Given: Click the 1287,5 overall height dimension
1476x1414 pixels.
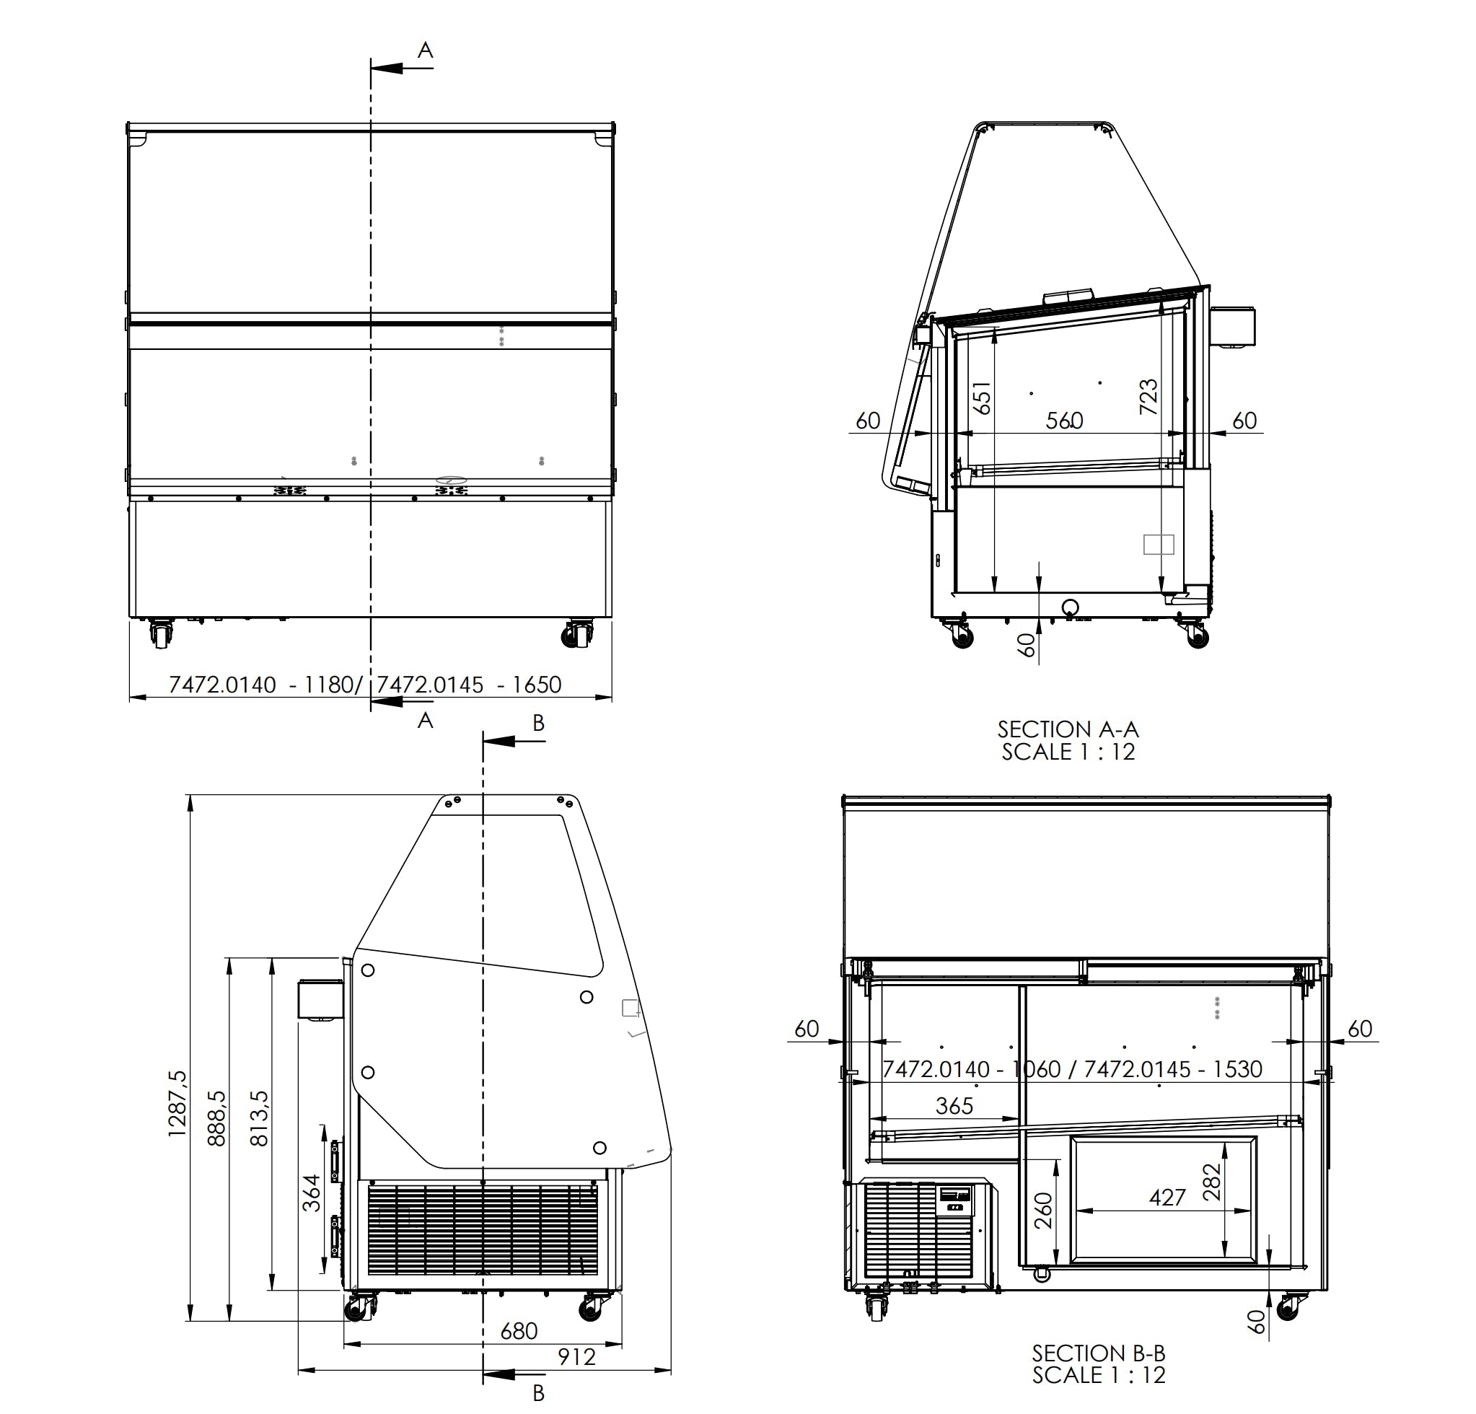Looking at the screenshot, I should (177, 1103).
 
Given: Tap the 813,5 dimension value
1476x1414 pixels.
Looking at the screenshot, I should (259, 1118).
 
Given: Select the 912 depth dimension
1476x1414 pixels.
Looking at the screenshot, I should (577, 1357).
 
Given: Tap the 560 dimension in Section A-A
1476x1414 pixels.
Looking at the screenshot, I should (1064, 420).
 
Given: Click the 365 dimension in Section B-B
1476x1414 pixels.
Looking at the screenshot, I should (954, 1105).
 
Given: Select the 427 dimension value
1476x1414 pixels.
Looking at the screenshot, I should (1167, 1197).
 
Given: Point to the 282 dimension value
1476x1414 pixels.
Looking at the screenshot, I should (1212, 1182).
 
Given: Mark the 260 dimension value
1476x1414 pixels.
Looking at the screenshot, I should (1043, 1211).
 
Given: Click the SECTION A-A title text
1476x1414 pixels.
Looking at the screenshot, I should (1068, 729).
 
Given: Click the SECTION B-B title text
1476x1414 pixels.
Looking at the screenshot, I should (1098, 1353).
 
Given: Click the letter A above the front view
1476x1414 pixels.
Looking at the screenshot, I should (426, 50).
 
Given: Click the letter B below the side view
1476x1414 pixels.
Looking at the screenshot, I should (538, 1393).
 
